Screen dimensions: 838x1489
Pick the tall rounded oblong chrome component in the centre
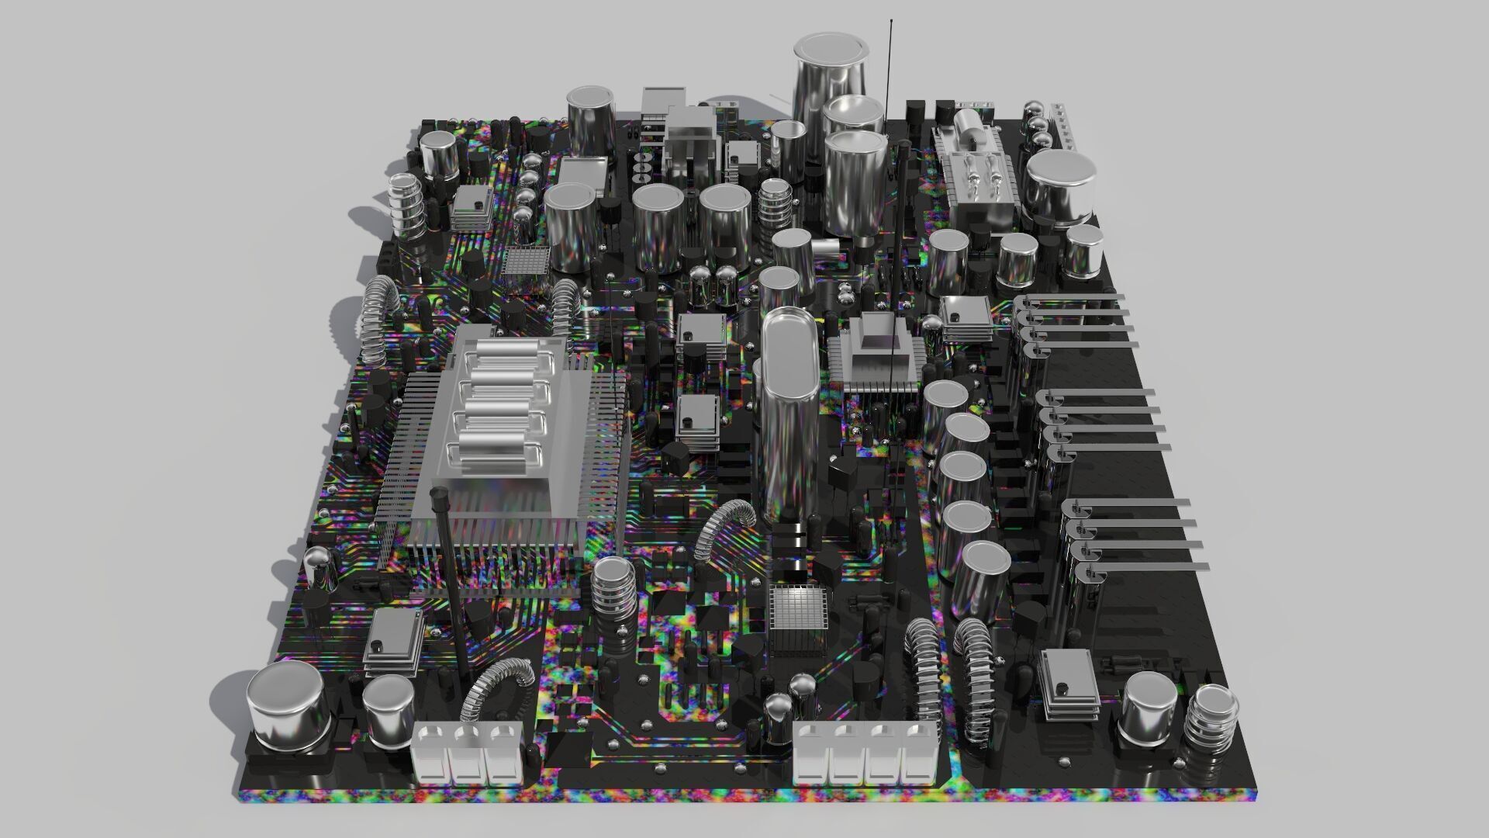tap(789, 411)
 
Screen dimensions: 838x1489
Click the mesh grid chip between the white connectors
tap(799, 617)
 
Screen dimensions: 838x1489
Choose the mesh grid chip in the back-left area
tap(526, 261)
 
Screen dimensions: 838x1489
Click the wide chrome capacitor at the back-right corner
tap(1061, 186)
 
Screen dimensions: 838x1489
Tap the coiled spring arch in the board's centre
tap(725, 528)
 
